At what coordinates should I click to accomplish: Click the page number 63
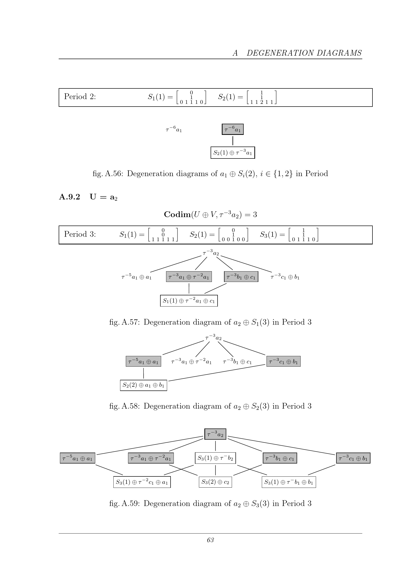(x=210, y=540)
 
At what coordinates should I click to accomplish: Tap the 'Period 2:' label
(x=80, y=96)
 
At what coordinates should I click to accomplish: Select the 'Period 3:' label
(x=80, y=234)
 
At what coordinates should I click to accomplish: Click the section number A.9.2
(x=70, y=197)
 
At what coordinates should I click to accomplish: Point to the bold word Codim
(x=177, y=214)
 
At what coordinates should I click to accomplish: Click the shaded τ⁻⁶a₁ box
(x=233, y=129)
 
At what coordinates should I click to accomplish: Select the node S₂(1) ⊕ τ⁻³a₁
(x=233, y=153)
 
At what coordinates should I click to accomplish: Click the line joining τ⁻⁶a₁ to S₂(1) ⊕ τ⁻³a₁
(x=233, y=141)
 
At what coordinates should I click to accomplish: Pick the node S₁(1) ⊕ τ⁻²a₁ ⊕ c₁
(x=189, y=301)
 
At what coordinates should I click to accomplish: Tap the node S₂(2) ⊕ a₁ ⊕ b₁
(x=143, y=385)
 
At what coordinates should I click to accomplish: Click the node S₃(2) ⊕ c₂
(x=215, y=482)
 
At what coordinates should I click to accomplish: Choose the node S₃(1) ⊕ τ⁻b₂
(x=215, y=458)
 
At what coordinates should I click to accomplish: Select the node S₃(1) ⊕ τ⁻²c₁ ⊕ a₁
(x=142, y=482)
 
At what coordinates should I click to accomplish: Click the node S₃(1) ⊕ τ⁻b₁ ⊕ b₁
(x=289, y=482)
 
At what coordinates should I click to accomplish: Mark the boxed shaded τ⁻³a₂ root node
(x=215, y=434)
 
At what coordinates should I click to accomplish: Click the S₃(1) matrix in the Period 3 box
(x=303, y=234)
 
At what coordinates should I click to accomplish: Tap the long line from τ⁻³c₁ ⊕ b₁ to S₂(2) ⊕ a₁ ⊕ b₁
(x=217, y=373)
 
